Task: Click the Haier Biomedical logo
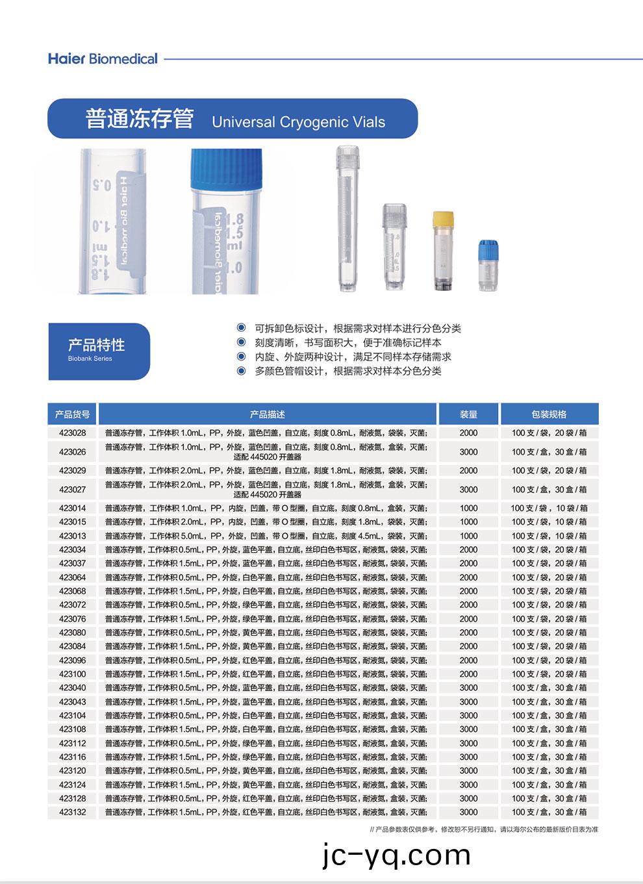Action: pyautogui.click(x=103, y=58)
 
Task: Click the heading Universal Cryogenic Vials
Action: pyautogui.click(x=298, y=122)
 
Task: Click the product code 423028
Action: pyautogui.click(x=72, y=433)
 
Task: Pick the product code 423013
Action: pyautogui.click(x=72, y=536)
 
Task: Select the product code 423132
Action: pyautogui.click(x=72, y=812)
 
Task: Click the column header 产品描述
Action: pyautogui.click(x=267, y=414)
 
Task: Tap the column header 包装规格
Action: pyautogui.click(x=549, y=414)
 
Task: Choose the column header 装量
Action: pyautogui.click(x=468, y=414)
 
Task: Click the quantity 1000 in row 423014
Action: pyautogui.click(x=468, y=508)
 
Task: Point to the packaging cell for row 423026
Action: pyautogui.click(x=549, y=451)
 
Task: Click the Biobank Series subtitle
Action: pyautogui.click(x=90, y=359)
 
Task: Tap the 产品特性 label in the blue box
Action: pyautogui.click(x=96, y=345)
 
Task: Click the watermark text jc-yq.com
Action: pyautogui.click(x=396, y=855)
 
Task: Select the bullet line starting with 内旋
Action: pyautogui.click(x=353, y=357)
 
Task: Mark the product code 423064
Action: pyautogui.click(x=72, y=577)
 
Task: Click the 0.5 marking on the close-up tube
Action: pyautogui.click(x=102, y=185)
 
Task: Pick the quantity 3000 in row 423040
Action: pyautogui.click(x=468, y=688)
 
